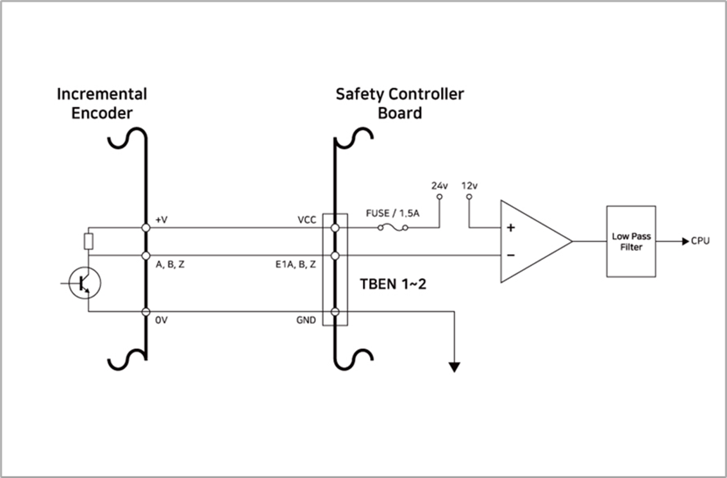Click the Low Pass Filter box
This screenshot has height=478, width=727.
coord(631,241)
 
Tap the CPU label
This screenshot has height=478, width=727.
coord(701,241)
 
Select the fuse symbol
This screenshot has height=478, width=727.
coord(392,227)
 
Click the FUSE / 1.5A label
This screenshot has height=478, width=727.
coord(392,213)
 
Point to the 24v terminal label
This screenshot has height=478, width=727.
coord(439,185)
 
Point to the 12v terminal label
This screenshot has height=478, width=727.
coord(470,185)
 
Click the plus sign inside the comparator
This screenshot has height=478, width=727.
coord(511,228)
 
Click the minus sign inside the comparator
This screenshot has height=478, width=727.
coord(511,255)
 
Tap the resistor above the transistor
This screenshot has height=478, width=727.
coord(88,241)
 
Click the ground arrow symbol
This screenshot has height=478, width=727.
coord(455,367)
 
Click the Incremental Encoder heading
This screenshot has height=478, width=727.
coord(102,103)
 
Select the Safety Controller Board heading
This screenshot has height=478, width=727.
coord(399,103)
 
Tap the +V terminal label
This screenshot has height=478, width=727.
coord(162,219)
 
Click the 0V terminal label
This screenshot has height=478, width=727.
coord(161,319)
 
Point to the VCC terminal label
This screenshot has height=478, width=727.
coord(307,219)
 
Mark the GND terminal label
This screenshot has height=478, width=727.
coord(306,319)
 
